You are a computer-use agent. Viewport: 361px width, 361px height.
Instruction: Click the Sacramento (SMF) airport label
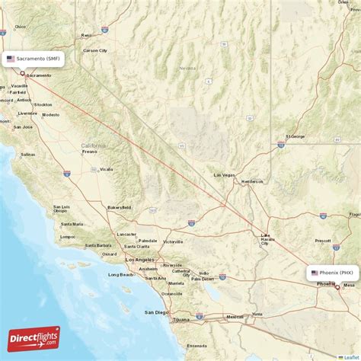point(34,58)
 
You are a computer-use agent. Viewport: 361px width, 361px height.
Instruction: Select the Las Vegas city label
point(224,174)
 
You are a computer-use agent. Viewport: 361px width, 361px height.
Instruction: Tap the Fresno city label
point(91,152)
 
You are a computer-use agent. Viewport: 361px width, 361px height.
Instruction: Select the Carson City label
point(94,50)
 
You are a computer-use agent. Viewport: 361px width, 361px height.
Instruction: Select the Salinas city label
point(28,154)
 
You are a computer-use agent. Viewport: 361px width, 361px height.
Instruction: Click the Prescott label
point(322,241)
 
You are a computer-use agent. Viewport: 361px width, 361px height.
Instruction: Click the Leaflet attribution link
point(349,356)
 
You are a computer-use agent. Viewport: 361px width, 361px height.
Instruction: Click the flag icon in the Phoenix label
point(315,272)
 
